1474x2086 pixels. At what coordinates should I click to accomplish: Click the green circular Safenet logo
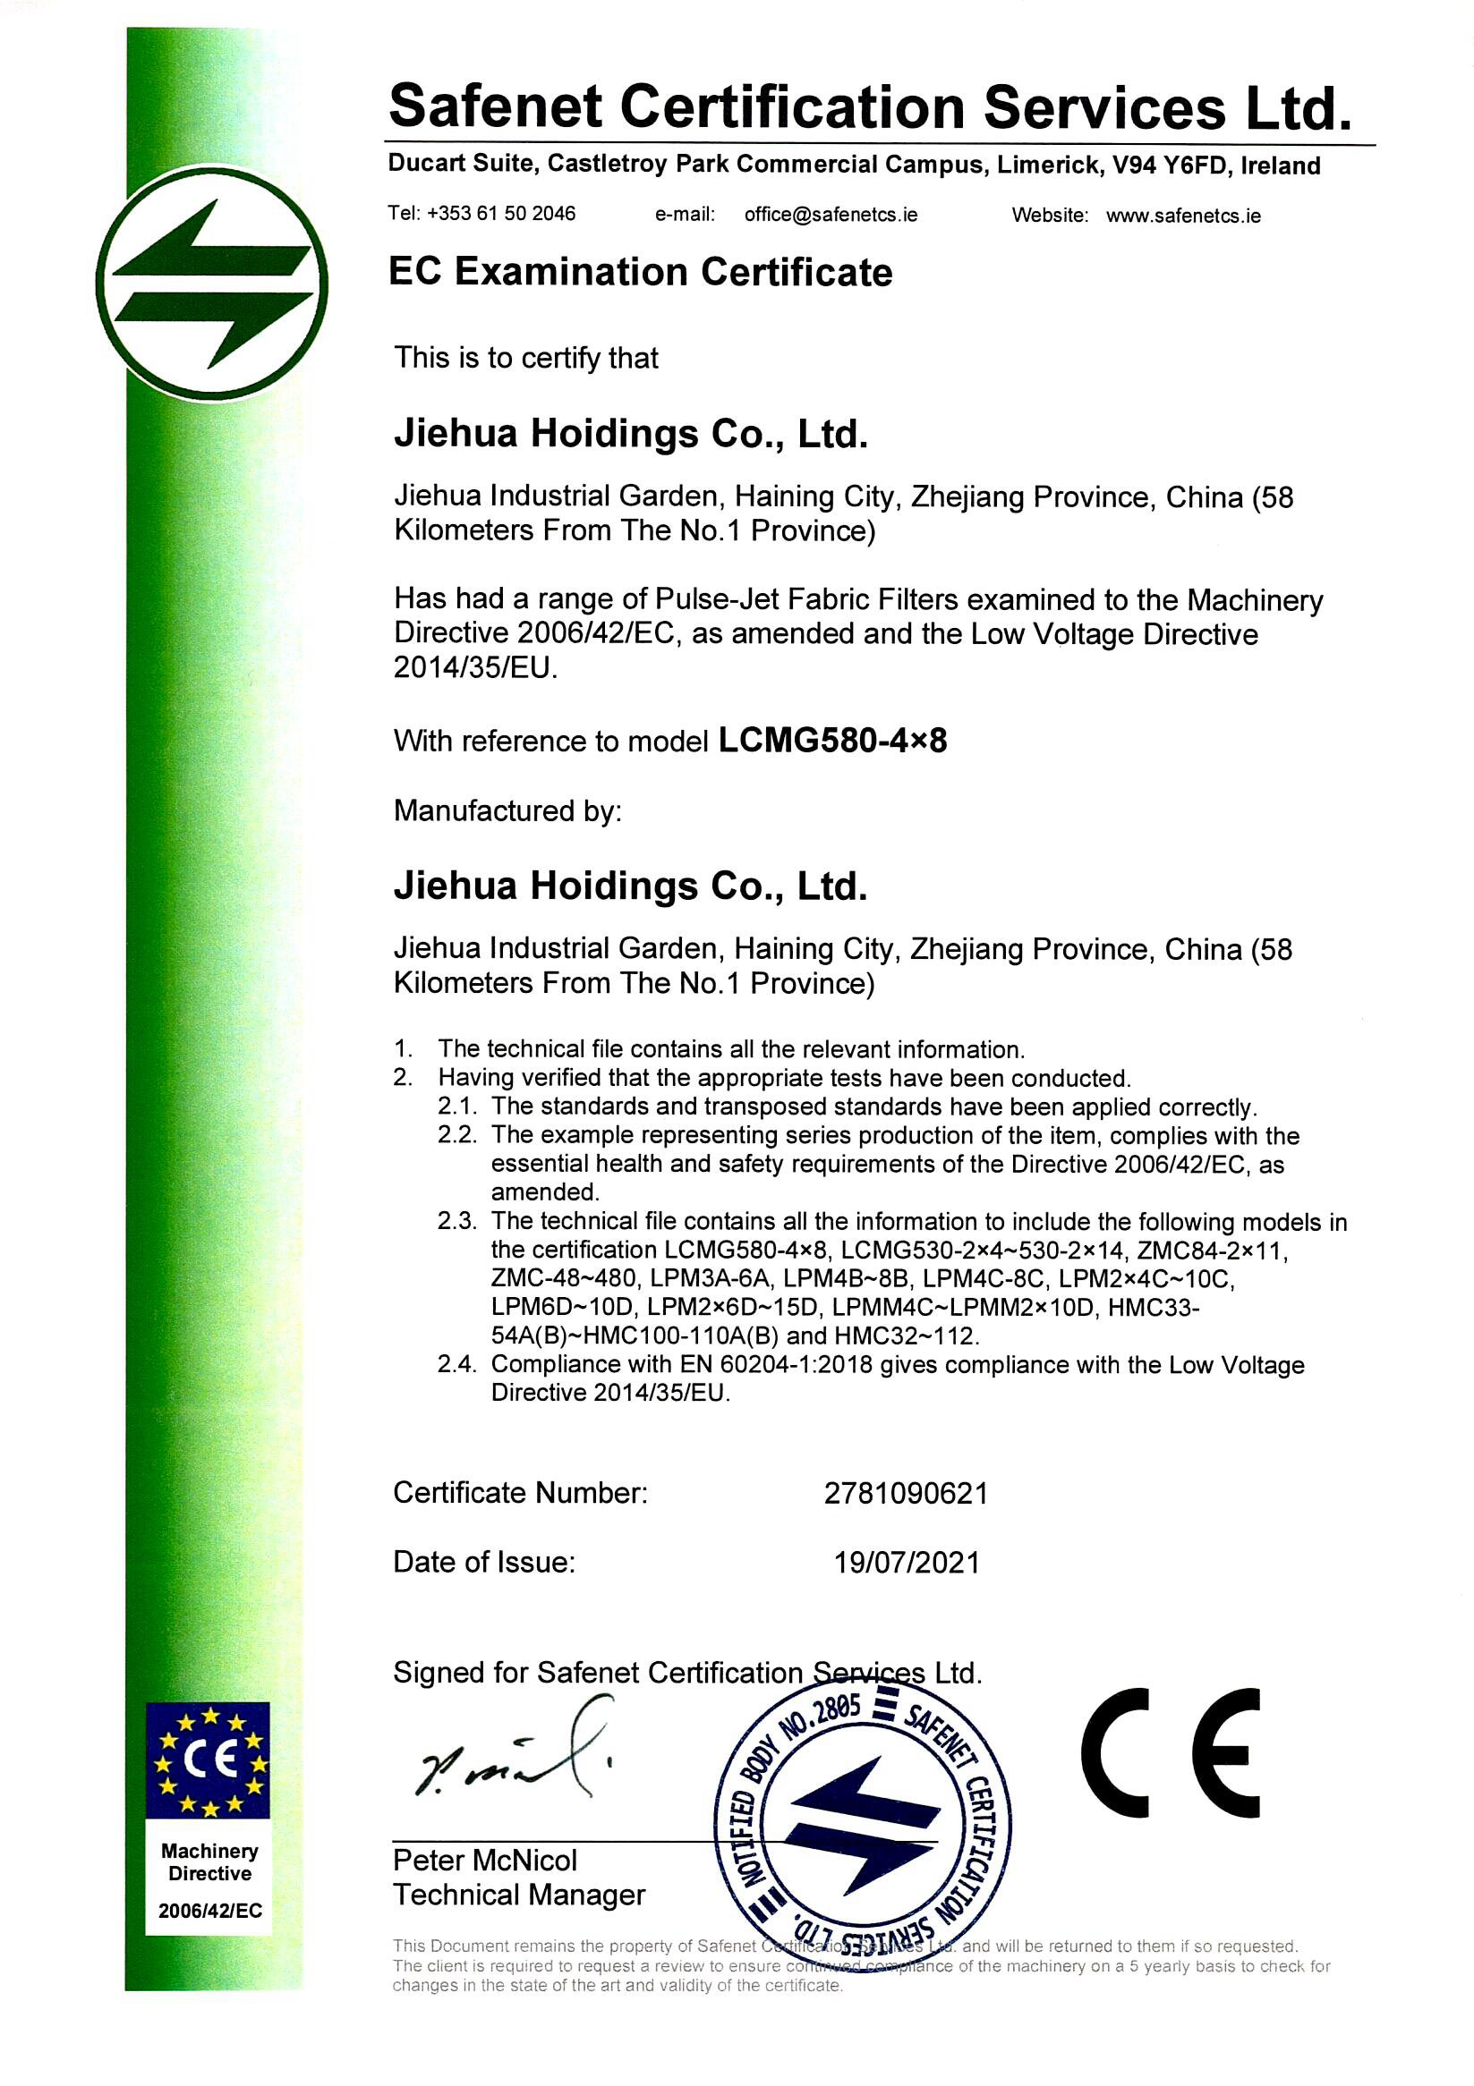tap(211, 284)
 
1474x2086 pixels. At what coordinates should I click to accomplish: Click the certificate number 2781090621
tap(905, 1494)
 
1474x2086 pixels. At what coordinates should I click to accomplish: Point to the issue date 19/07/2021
tap(907, 1563)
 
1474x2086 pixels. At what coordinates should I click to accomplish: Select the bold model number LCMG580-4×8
tap(832, 741)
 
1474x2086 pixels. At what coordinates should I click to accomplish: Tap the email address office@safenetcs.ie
tap(831, 215)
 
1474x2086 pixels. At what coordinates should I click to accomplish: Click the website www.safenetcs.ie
tap(1183, 216)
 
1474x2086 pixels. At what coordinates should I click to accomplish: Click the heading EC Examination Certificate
tap(640, 272)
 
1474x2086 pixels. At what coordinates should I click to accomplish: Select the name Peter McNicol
tap(484, 1861)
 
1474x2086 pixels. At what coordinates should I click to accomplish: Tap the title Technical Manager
tap(519, 1895)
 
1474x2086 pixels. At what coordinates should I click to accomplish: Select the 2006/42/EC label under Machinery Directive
tap(210, 1911)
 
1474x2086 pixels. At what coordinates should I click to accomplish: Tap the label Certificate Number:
tap(520, 1493)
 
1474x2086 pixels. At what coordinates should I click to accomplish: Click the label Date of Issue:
tap(484, 1562)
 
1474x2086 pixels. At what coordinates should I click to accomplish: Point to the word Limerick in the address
tap(1044, 165)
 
